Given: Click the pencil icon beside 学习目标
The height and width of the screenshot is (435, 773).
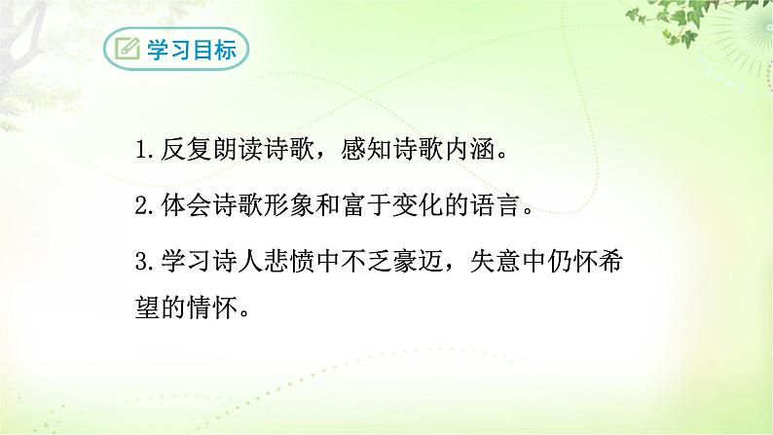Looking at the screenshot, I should pos(126,51).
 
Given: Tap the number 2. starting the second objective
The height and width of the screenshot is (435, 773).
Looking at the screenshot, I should pos(147,206).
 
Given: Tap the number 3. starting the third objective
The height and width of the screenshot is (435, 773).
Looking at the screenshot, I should pos(147,262).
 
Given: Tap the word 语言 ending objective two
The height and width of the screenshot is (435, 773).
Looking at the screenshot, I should pos(530,206).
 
